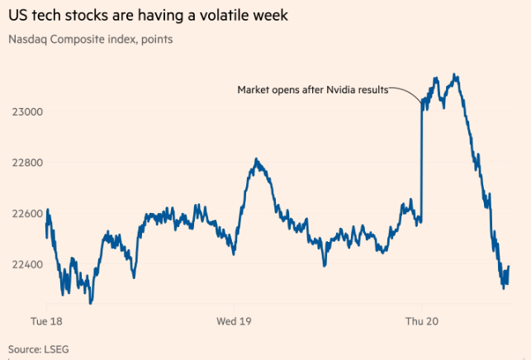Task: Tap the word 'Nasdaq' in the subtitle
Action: [x=29, y=39]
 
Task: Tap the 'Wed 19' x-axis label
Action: [x=233, y=320]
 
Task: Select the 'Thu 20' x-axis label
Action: [x=420, y=320]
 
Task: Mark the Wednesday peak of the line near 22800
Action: [x=257, y=159]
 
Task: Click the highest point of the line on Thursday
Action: [x=455, y=75]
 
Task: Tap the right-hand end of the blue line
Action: [x=508, y=267]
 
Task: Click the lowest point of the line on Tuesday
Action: [x=90, y=302]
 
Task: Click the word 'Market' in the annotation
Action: [x=254, y=89]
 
